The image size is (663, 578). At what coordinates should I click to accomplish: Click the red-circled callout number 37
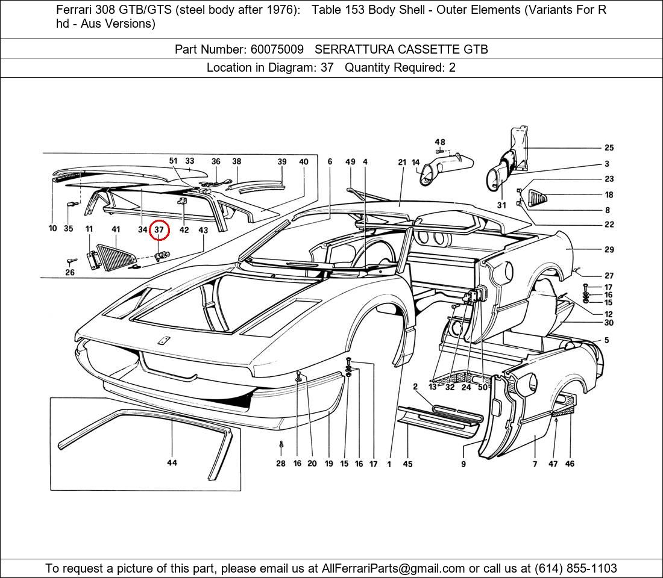160,230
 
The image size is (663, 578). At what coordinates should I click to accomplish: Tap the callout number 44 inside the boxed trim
172,463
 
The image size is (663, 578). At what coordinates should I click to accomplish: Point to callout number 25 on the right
609,148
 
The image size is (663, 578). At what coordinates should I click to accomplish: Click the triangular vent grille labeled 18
538,197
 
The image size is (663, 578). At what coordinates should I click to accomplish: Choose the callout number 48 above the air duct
440,142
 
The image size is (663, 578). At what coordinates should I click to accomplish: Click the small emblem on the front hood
162,341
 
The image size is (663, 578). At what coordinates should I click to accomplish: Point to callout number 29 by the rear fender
609,249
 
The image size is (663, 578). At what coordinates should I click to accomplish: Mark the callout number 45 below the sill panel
408,464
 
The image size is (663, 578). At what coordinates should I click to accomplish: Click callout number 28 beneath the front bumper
281,464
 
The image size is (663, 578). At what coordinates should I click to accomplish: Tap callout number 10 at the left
52,229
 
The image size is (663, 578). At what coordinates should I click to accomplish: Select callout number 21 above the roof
402,162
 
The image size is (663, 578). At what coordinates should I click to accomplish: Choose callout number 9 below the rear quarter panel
463,464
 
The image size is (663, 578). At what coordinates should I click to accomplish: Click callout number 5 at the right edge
606,340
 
